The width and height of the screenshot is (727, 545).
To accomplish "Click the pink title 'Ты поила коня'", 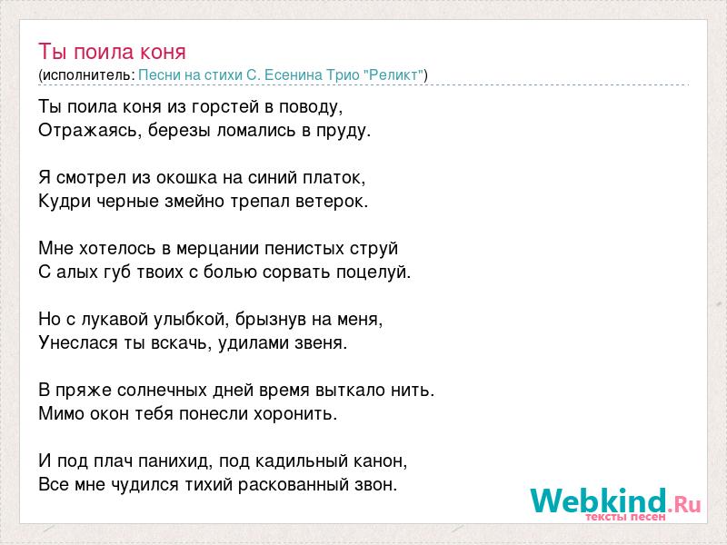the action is point(112,52).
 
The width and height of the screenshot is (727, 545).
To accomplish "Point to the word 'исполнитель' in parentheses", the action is point(87,75).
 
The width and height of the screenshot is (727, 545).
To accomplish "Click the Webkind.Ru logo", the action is point(616,503).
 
